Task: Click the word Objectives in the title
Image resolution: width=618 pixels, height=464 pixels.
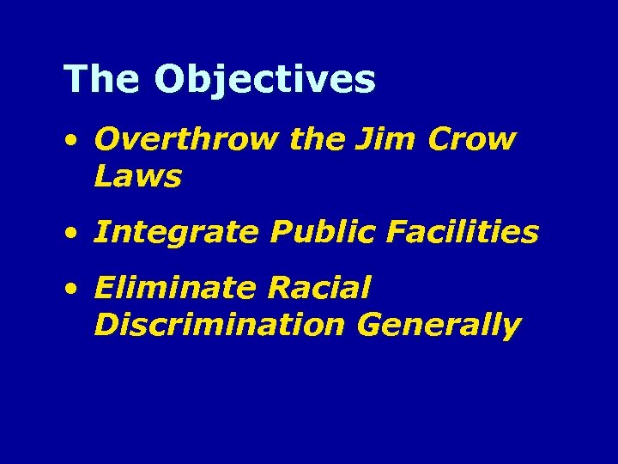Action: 265,80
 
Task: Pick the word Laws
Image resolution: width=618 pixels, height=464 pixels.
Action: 137,176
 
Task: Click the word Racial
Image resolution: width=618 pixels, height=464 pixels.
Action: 318,288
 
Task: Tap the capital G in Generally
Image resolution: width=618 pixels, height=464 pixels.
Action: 373,325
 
